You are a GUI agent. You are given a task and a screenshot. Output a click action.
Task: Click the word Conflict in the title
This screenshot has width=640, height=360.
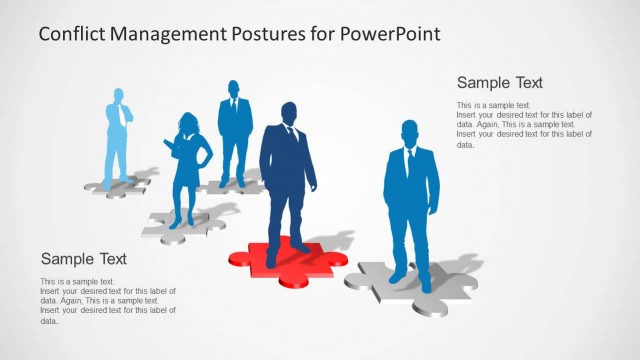click(73, 34)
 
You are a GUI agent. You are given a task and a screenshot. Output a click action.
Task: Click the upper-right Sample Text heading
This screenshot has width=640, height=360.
click(499, 83)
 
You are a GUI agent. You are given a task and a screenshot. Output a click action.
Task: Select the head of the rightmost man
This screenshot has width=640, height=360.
click(409, 132)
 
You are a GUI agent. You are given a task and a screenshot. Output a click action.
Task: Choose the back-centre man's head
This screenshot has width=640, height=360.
click(234, 88)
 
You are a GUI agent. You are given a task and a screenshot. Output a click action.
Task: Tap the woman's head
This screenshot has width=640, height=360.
click(189, 123)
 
